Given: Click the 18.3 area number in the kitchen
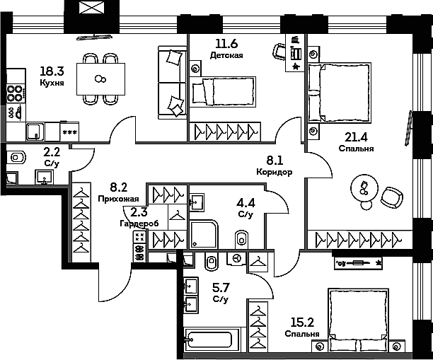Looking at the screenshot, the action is click(52, 71).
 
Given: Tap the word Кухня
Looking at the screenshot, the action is click(52, 83).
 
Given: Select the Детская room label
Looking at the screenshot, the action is click(226, 55).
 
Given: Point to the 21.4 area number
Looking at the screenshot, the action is click(356, 137).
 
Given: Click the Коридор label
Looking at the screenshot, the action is click(275, 172).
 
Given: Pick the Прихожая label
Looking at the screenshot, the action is click(118, 199).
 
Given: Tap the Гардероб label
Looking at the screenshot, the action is click(139, 223).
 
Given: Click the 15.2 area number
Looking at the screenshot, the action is click(302, 323).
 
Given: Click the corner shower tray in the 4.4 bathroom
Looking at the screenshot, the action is click(204, 234).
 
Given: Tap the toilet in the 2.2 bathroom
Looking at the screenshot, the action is click(16, 158).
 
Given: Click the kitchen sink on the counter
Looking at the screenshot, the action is click(35, 132).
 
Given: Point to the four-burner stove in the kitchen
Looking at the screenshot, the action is click(15, 94).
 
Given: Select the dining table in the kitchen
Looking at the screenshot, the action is click(100, 79).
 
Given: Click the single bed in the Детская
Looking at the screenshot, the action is click(223, 92).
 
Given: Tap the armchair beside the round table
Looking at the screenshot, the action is click(392, 197).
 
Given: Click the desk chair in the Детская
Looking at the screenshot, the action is click(279, 51).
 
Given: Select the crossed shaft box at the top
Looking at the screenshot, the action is click(91, 8).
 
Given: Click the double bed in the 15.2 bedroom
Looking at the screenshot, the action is click(358, 320).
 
